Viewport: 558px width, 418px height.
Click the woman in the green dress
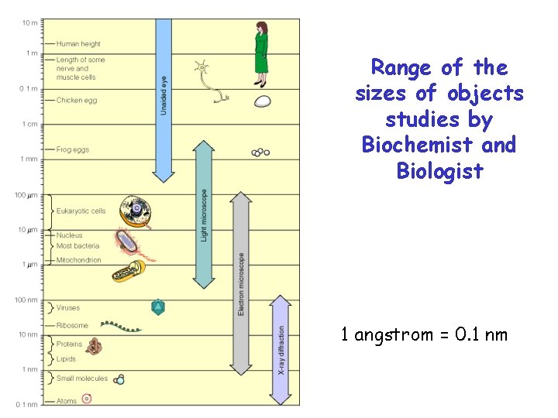tap(261, 53)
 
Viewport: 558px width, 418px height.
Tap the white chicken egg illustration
tap(263, 101)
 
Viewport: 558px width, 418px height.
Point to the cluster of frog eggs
tap(261, 152)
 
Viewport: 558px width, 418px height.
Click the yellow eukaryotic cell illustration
tap(136, 210)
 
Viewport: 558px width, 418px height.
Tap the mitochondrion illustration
tap(128, 271)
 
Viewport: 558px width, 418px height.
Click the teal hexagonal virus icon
tap(158, 307)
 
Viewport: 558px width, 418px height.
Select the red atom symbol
tap(87, 399)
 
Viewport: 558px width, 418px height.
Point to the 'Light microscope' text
tap(204, 214)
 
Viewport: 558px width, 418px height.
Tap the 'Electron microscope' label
tap(241, 283)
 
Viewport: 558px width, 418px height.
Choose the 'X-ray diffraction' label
tap(281, 349)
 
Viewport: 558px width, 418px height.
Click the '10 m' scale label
tap(29, 22)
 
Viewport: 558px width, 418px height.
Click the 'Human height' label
tap(78, 44)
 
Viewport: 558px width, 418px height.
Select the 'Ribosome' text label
tap(72, 326)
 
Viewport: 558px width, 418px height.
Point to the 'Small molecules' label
tap(81, 379)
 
